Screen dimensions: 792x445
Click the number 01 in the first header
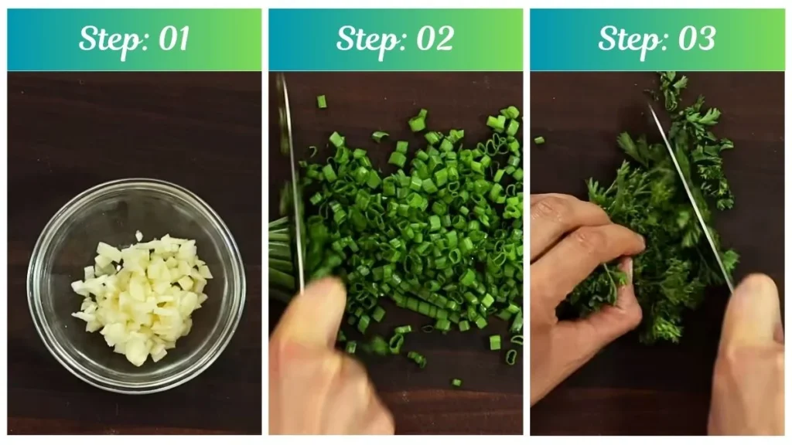pos(174,39)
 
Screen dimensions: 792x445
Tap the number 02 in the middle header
pos(435,39)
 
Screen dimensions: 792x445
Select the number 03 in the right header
pos(697,39)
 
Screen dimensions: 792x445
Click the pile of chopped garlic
pos(142,297)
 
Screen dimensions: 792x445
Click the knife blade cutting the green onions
pos(293,182)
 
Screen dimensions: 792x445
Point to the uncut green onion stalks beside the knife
pos(281,257)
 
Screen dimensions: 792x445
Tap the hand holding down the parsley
pos(581,283)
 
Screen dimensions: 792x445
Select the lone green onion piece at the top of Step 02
pos(321,101)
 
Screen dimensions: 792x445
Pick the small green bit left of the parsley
pos(539,141)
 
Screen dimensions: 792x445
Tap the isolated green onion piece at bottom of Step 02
pos(456,383)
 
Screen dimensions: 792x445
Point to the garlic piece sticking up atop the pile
pos(139,236)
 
